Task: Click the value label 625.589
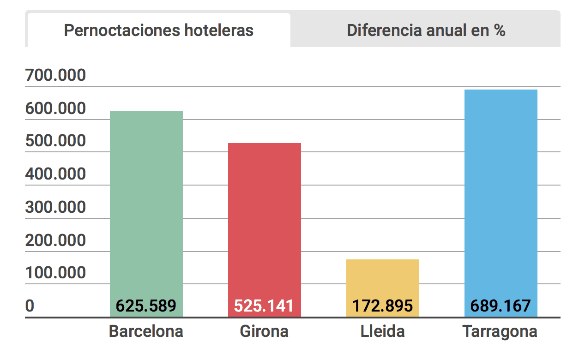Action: point(146,306)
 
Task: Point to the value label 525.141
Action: point(264,306)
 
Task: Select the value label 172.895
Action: point(383,306)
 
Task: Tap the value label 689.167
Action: point(501,306)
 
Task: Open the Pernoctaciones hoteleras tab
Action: point(158,30)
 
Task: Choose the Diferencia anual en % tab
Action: point(426,30)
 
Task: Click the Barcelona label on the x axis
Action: point(146,331)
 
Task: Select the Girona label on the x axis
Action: point(264,331)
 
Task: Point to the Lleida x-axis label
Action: point(383,331)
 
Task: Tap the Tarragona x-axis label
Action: point(501,331)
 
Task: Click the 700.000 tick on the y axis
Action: point(56,75)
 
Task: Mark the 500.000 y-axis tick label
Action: point(56,141)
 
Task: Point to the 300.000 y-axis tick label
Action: point(56,207)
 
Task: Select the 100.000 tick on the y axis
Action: point(56,273)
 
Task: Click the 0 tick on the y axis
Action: point(30,306)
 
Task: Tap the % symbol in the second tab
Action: point(499,30)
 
